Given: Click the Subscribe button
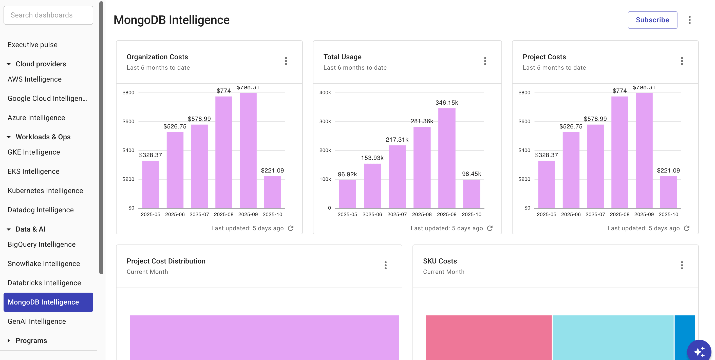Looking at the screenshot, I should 652,20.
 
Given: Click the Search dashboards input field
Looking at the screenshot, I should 48,15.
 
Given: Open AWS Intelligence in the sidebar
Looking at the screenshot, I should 34,79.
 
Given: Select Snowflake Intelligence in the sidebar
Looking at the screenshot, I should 44,263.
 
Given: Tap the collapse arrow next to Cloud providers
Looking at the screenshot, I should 9,64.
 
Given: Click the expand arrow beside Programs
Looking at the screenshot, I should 9,340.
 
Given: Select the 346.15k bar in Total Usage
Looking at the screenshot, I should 446,158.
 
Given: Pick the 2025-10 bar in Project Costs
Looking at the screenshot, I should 668,192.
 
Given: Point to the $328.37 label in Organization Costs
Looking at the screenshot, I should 150,155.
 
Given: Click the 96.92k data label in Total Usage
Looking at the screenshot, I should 347,174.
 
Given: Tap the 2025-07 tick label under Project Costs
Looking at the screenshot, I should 595,214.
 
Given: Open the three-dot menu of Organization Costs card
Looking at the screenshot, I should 286,61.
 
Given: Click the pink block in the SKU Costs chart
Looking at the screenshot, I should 488,337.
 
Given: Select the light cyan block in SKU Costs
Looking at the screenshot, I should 613,337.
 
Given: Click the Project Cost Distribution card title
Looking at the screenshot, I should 166,261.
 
